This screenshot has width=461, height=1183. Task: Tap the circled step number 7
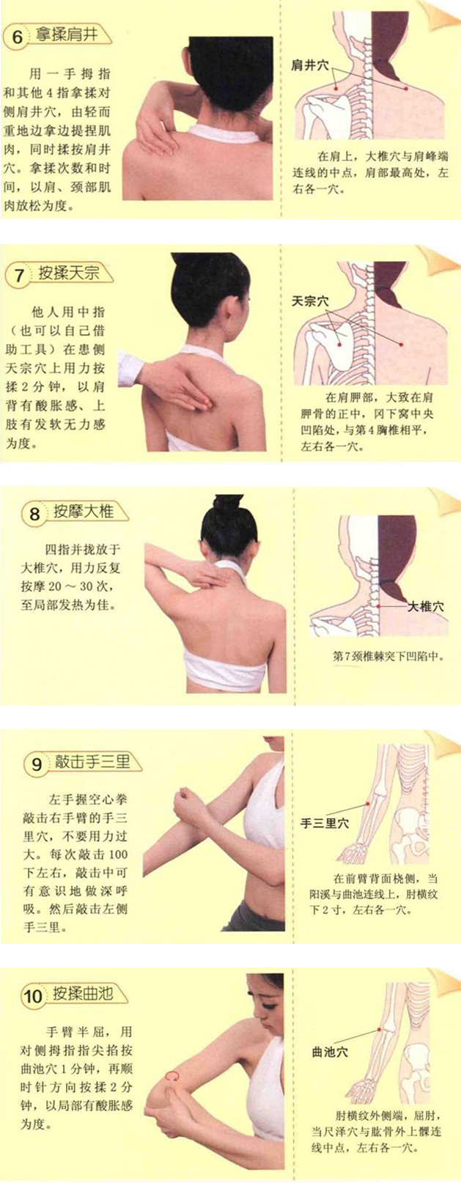click(19, 276)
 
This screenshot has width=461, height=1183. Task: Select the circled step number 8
click(34, 514)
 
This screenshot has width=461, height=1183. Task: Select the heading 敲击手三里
click(92, 762)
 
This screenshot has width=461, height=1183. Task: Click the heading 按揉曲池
click(83, 994)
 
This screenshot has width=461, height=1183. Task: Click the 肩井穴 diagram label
click(309, 65)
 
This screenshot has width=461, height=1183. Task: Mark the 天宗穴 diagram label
click(310, 301)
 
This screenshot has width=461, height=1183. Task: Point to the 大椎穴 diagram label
click(425, 607)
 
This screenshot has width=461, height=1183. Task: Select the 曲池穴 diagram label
click(330, 1052)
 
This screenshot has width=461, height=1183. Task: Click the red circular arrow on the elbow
click(173, 1076)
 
